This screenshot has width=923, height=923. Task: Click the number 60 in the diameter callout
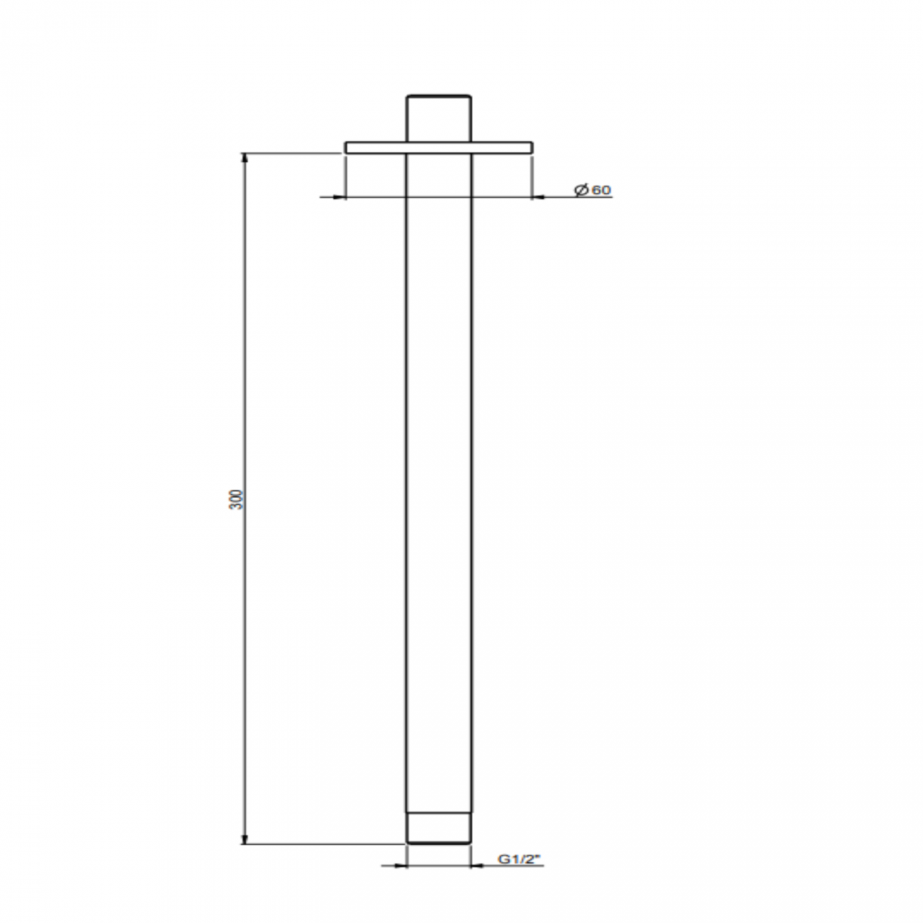coord(601,190)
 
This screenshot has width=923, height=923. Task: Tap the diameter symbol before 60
coord(581,190)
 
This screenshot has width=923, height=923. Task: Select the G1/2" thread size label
coord(519,859)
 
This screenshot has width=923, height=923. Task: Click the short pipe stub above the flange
coord(438,118)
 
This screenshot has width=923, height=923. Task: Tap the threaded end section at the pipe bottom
coord(438,829)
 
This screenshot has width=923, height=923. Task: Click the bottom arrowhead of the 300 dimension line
coord(246,839)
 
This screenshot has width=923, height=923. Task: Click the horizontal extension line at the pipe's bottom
coord(319,844)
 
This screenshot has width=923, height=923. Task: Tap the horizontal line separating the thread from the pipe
coord(438,813)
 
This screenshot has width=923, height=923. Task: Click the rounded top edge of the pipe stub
coord(438,95)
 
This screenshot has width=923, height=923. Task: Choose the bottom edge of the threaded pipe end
coord(438,843)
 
